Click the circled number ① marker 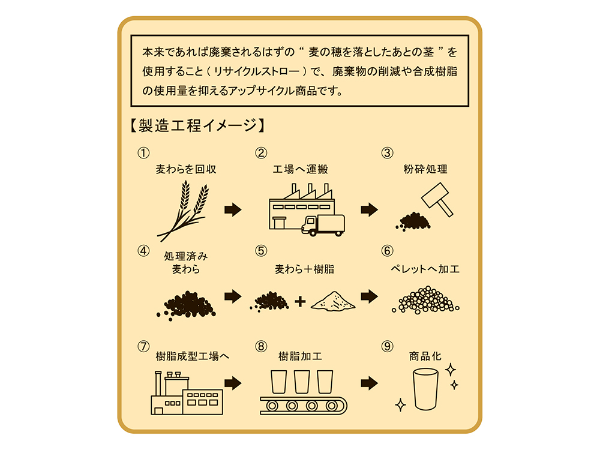tap(143, 153)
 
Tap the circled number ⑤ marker tap(261, 251)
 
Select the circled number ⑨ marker tap(387, 347)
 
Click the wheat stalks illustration tap(184, 211)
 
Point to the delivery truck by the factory tap(323, 226)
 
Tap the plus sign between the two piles tap(301, 302)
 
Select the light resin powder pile tap(333, 301)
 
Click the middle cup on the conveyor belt tap(302, 382)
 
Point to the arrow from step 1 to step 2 tap(233, 209)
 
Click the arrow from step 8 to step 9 tap(369, 383)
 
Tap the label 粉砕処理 tap(425, 169)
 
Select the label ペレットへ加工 tap(425, 269)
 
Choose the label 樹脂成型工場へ tap(193, 356)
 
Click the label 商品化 tap(425, 356)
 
